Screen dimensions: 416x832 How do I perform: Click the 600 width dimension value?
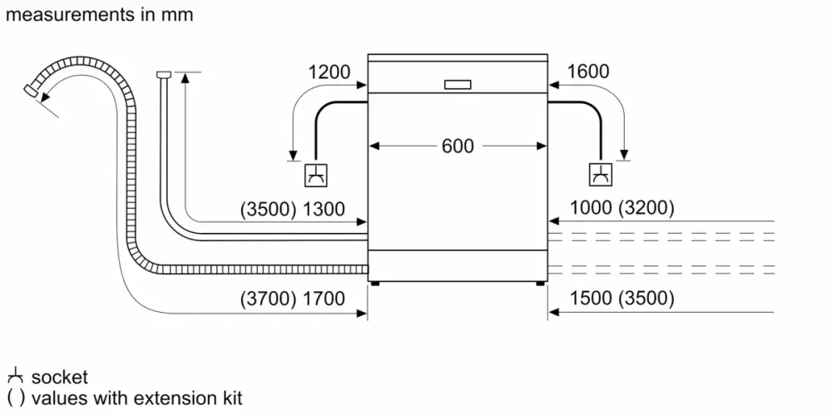click(457, 146)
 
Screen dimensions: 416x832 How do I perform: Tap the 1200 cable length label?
click(329, 72)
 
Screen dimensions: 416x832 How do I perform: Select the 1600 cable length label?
click(587, 72)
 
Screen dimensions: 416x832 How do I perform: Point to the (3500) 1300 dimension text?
click(292, 210)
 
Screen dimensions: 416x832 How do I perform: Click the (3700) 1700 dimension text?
click(292, 299)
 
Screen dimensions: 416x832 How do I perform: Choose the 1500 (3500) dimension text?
click(622, 299)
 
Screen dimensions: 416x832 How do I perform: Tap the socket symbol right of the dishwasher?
click(599, 176)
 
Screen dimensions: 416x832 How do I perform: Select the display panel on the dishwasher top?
click(458, 84)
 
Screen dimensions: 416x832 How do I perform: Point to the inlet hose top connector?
click(163, 77)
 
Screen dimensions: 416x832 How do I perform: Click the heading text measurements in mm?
click(98, 15)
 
